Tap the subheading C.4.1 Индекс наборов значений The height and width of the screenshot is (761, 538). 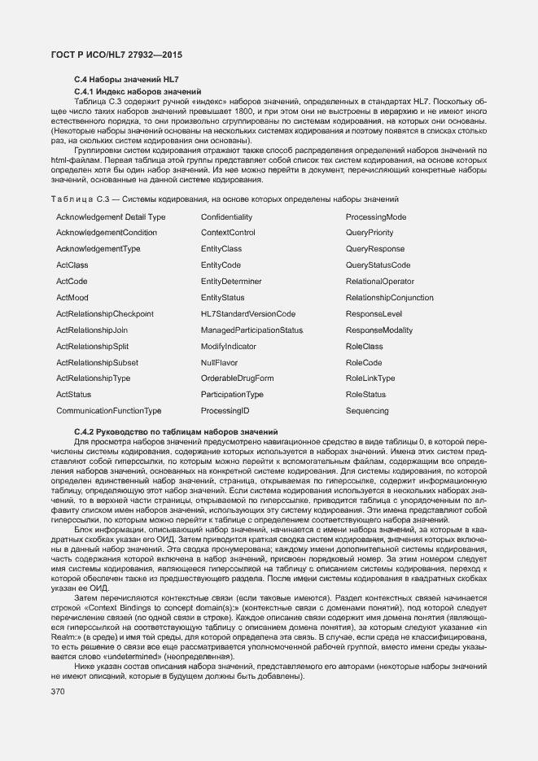tap(137, 91)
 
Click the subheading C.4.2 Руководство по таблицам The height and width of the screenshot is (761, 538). tap(176, 431)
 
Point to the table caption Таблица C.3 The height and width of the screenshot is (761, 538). tap(228, 199)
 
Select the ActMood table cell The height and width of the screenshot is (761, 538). tap(72, 298)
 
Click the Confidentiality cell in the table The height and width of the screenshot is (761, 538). tap(226, 217)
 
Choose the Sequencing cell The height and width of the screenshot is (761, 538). tap(367, 411)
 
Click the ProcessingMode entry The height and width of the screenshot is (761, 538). tap(376, 217)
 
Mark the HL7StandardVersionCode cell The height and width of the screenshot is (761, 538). tap(247, 314)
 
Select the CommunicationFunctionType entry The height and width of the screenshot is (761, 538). tap(108, 411)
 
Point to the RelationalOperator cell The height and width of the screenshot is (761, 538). tap(379, 282)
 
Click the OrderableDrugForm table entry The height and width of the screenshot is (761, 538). tap(237, 378)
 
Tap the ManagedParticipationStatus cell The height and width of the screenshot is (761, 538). tap(252, 330)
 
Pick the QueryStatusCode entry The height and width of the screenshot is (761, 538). tap(378, 265)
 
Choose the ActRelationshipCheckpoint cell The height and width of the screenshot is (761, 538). tap(105, 314)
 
